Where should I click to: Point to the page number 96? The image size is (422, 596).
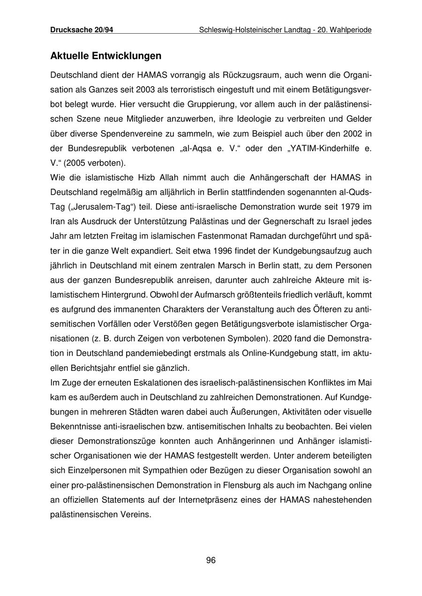point(211,560)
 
